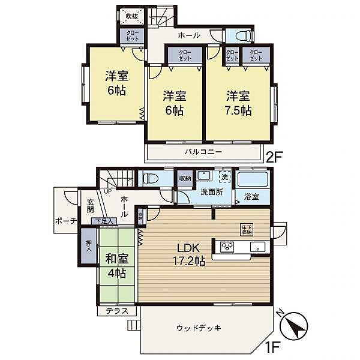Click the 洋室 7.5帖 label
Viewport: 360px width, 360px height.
tap(238, 103)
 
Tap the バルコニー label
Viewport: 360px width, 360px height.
tap(203, 152)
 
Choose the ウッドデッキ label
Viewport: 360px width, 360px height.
tap(199, 328)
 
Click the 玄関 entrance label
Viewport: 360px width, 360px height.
tap(90, 206)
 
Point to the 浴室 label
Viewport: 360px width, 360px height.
tap(251, 197)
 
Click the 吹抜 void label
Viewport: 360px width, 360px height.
tap(131, 16)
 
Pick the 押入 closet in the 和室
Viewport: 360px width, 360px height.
tap(88, 246)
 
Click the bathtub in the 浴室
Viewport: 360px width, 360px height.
tap(252, 180)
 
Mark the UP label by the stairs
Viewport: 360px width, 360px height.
tap(108, 191)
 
